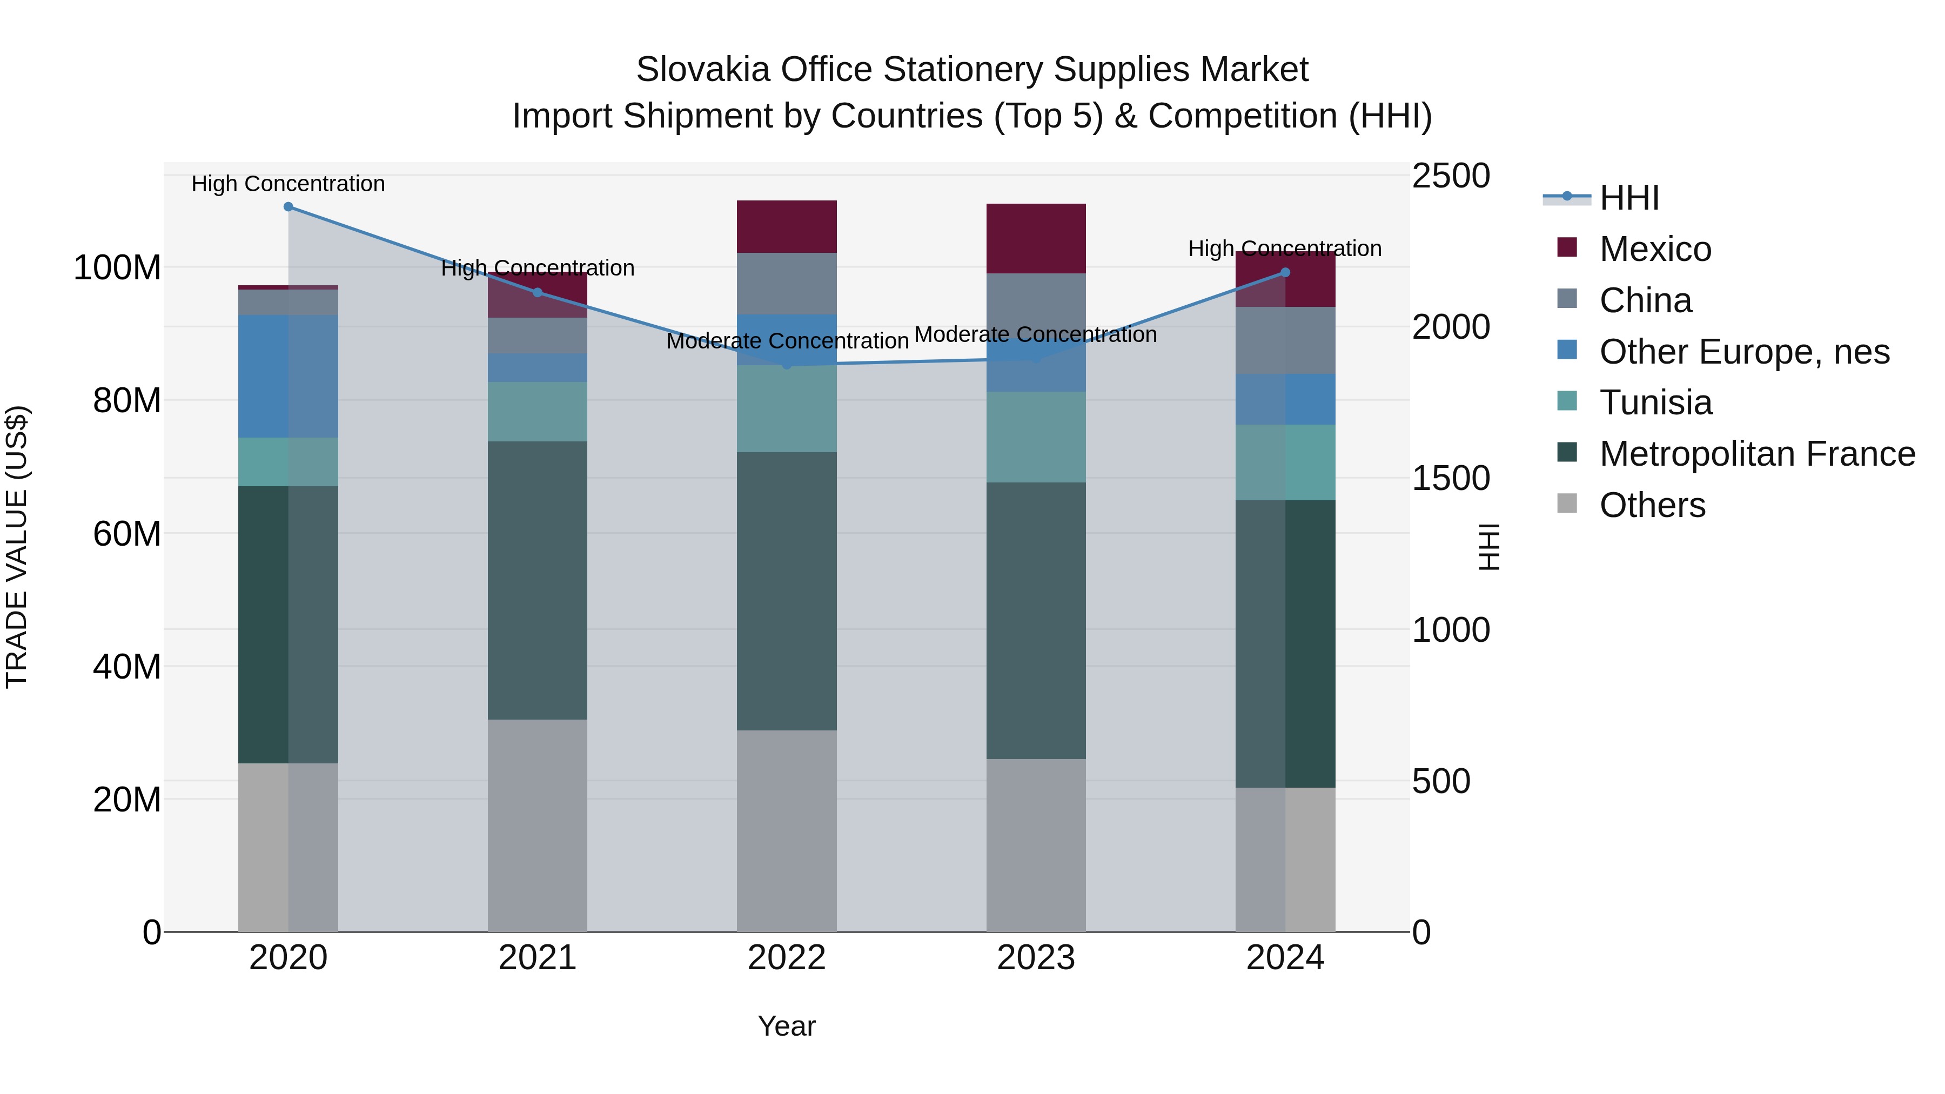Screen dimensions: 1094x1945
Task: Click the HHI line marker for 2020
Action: pyautogui.click(x=287, y=207)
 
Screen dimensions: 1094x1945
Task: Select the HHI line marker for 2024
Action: pyautogui.click(x=1285, y=273)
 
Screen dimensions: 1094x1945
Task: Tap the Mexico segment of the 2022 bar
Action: pyautogui.click(x=786, y=226)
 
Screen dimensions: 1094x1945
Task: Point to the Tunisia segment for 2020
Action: pyautogui.click(x=287, y=461)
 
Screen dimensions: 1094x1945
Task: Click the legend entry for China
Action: pyautogui.click(x=1645, y=300)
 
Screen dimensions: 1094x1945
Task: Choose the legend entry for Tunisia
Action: pyautogui.click(x=1654, y=402)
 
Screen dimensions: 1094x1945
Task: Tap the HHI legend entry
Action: pyautogui.click(x=1628, y=198)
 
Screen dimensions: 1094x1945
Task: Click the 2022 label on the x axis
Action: pyautogui.click(x=786, y=958)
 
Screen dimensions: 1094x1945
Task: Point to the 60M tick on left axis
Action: pyautogui.click(x=127, y=534)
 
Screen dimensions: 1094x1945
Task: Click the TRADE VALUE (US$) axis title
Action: pyautogui.click(x=17, y=547)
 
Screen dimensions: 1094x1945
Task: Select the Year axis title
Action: pyautogui.click(x=786, y=1026)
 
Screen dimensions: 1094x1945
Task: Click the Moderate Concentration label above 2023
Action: pyautogui.click(x=1035, y=334)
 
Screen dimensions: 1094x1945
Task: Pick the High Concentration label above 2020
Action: pyautogui.click(x=287, y=184)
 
